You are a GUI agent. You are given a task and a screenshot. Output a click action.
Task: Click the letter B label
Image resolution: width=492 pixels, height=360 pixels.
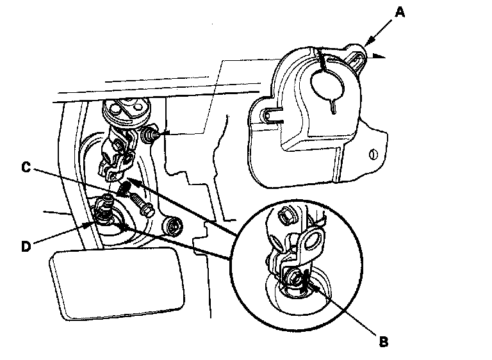point(383,341)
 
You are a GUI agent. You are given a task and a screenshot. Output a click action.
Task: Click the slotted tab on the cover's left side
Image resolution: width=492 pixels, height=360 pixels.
point(270,115)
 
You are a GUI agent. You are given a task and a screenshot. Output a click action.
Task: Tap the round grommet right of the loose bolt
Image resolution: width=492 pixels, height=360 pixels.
point(172,225)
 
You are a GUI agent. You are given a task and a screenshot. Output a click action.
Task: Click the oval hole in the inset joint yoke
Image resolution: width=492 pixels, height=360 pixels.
point(314,241)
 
